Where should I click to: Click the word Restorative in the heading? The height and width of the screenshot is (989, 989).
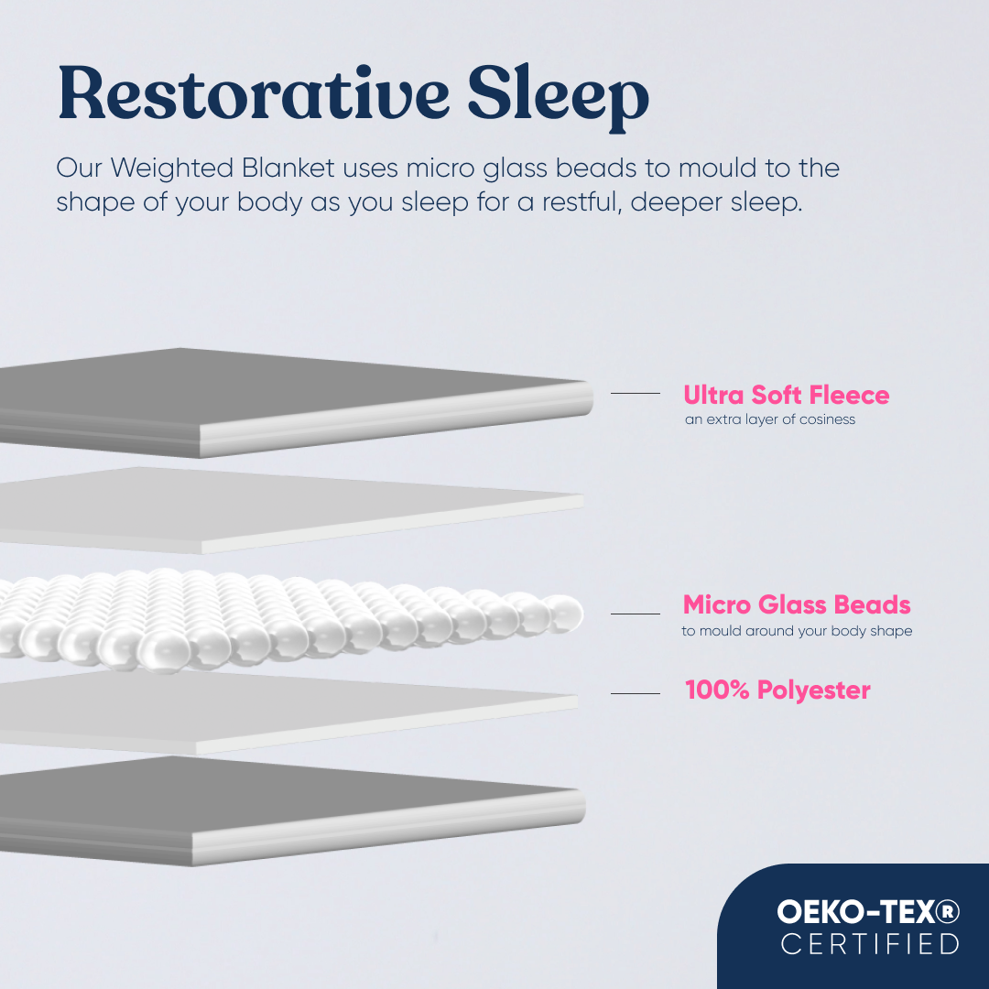point(254,92)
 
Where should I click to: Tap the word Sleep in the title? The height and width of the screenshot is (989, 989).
point(559,97)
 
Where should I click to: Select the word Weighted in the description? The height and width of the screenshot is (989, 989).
point(172,169)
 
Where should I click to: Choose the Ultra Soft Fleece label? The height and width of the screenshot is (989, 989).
point(787,395)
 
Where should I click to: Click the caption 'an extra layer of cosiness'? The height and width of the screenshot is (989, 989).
point(770,419)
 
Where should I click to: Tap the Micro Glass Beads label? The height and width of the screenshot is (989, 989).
point(797,605)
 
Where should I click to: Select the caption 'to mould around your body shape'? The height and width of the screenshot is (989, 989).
point(797,631)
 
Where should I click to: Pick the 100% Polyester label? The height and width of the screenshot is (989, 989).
point(777,690)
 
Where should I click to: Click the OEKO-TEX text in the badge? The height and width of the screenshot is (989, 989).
point(860,911)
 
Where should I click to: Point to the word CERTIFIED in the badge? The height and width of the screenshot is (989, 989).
point(870,944)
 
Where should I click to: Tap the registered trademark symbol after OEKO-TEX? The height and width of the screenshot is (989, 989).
point(951,911)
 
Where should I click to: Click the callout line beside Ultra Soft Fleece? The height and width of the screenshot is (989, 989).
point(636,393)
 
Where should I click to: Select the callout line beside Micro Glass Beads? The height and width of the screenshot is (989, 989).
point(636,613)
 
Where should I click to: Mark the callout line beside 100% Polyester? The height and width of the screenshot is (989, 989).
point(636,693)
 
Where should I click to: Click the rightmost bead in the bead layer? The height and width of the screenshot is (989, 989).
point(563,613)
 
